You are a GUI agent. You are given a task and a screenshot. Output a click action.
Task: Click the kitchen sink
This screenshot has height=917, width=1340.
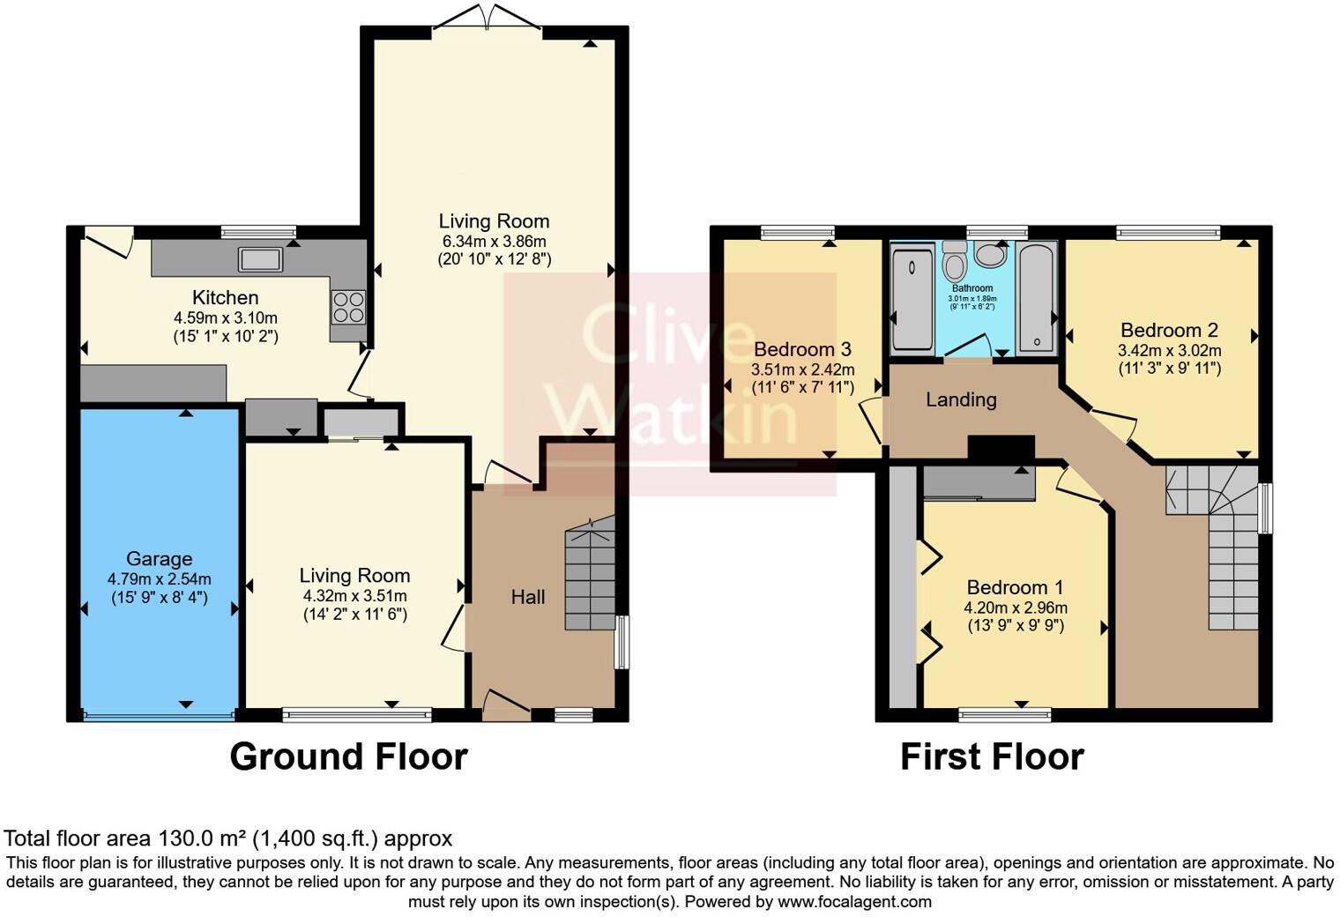coord(260,259)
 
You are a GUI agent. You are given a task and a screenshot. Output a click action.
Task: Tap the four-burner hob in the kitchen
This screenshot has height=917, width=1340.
coord(348,306)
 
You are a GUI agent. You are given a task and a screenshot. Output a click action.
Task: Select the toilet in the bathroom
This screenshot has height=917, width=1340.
coord(953,262)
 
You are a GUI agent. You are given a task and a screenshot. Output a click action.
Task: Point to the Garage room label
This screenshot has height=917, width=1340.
coord(159,559)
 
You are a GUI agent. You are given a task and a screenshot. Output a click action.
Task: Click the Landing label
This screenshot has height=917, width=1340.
coord(961,400)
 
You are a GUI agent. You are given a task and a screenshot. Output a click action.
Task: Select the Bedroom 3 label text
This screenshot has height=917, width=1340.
coord(802,349)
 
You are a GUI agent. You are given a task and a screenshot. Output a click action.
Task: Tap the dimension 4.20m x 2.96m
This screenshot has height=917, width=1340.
coord(1016,608)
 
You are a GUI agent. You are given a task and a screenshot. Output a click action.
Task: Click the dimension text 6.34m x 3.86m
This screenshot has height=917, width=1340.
coord(494,241)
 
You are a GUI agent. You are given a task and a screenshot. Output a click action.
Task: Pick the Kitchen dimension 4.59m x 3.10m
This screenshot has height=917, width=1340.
coord(226,317)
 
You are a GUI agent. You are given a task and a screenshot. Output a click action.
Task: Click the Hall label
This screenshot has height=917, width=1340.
coord(528,598)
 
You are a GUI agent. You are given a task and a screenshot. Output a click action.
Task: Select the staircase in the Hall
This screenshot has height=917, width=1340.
coord(589,578)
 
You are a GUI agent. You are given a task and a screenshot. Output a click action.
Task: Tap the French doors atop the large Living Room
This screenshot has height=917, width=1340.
coord(488,19)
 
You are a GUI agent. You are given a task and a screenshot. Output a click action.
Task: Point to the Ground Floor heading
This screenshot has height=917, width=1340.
coord(348,757)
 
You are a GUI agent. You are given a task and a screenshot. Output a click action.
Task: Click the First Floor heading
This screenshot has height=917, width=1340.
coord(992,757)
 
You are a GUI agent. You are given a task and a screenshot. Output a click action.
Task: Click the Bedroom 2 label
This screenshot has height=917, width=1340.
coord(1169,331)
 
